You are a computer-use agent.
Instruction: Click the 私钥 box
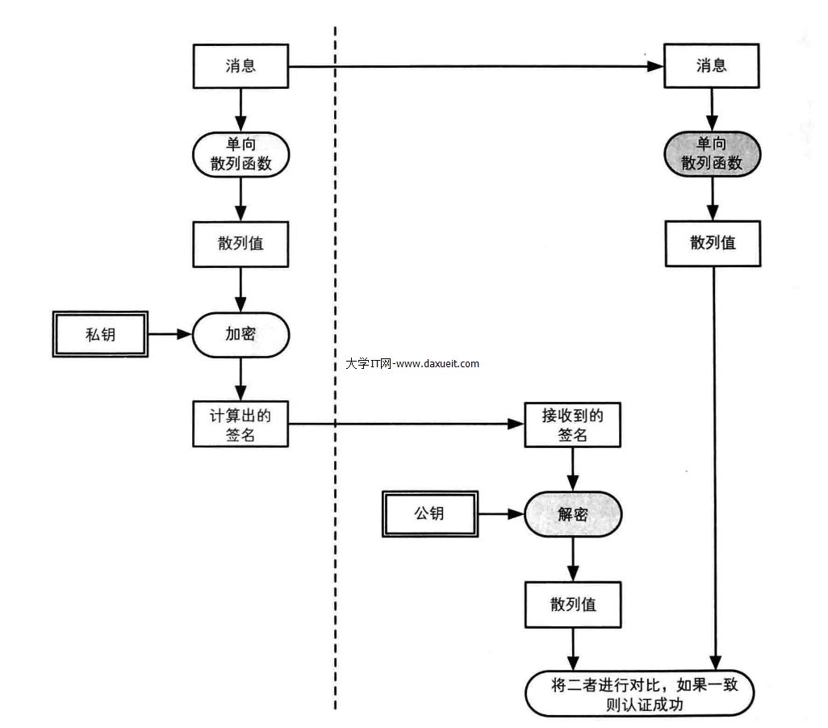[101, 333]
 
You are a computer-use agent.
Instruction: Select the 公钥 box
[429, 513]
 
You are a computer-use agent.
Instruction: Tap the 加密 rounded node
[240, 333]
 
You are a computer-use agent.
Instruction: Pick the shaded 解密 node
[573, 514]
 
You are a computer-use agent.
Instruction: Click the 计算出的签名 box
[240, 425]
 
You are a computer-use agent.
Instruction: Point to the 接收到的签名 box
[573, 425]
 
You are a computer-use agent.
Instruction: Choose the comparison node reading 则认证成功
[639, 693]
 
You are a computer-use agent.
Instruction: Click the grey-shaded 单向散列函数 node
[712, 153]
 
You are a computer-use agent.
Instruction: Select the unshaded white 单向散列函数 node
[240, 153]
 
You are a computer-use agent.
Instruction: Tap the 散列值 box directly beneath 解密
[573, 604]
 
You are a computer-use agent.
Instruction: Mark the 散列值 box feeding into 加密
[240, 243]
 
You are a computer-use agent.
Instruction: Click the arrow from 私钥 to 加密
[170, 333]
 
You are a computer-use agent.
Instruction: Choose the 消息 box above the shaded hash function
[712, 65]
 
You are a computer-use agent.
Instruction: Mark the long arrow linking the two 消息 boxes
[476, 66]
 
